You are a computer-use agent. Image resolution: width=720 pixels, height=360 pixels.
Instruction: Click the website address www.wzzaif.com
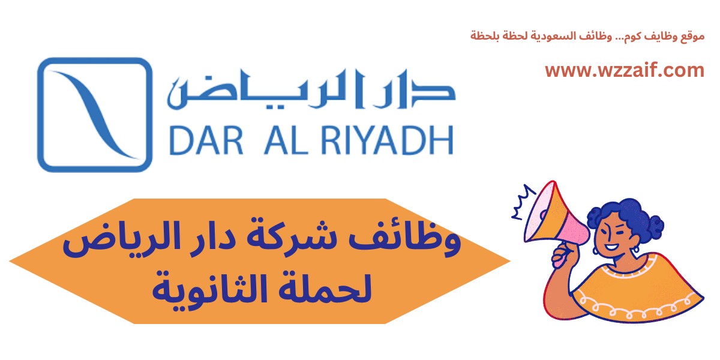coord(624,71)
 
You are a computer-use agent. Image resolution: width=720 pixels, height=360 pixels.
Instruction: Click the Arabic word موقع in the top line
coord(691,35)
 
